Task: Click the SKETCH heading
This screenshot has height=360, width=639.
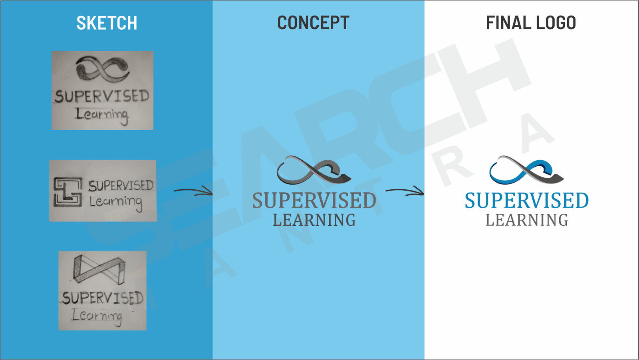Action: point(107,23)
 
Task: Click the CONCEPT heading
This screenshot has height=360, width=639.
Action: point(313,23)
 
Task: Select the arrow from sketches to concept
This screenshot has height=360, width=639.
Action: point(194,191)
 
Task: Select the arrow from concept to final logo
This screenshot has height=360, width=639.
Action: point(405,191)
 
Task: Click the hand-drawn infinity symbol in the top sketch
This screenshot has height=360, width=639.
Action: point(103,69)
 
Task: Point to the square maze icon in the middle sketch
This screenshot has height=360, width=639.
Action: point(68,192)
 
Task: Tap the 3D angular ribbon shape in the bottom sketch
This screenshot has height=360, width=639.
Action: point(99,269)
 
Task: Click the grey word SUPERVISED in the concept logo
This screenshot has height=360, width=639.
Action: point(314,201)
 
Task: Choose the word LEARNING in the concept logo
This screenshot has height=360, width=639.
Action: point(314,220)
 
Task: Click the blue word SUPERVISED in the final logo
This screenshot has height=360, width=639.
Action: point(526,201)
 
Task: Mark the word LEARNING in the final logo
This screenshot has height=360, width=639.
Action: point(526,220)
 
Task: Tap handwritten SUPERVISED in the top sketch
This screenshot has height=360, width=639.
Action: point(102,96)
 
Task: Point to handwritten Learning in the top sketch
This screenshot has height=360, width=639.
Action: point(102,115)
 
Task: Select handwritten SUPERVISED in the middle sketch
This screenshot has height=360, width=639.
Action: point(121,185)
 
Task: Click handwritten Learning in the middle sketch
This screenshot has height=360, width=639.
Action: point(115,202)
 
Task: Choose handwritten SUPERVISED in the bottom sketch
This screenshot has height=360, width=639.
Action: point(103,298)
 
